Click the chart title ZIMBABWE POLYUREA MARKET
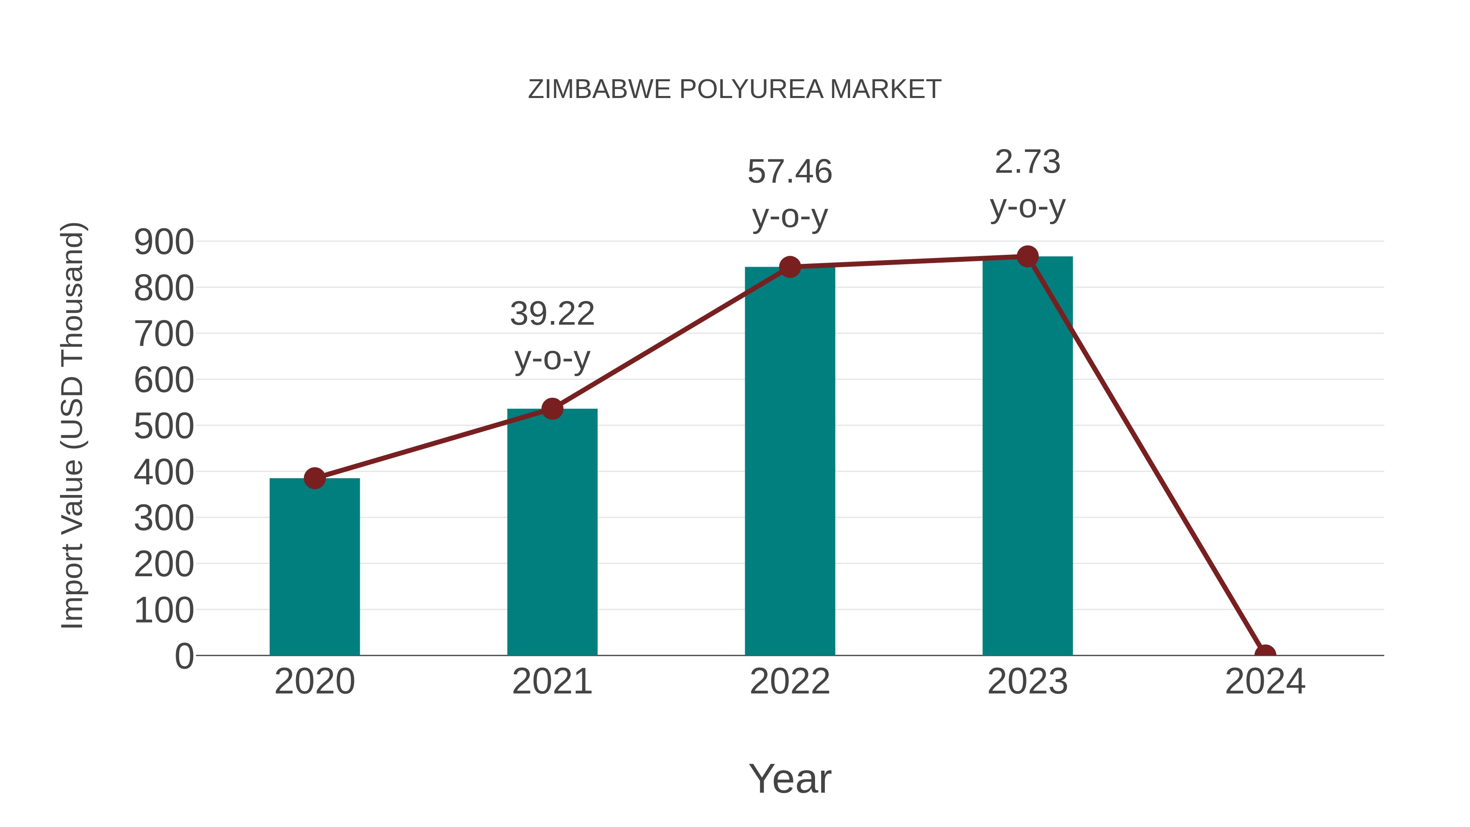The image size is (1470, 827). [735, 89]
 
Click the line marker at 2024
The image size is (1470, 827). [1265, 654]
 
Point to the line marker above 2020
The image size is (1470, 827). [314, 478]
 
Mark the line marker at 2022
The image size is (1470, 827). [790, 267]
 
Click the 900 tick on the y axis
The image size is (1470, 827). [164, 242]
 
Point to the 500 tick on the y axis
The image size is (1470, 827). [164, 426]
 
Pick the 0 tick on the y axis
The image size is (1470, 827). [184, 656]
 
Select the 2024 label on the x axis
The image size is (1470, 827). [1265, 682]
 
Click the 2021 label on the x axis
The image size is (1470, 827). [552, 682]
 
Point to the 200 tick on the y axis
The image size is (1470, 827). [164, 564]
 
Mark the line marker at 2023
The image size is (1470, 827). [1027, 257]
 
